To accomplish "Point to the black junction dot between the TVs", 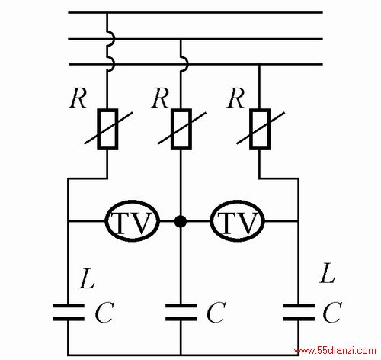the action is coord(181,221).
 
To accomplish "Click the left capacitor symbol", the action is coord(69,312).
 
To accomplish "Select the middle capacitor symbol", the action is coord(181,312).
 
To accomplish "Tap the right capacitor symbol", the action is coord(299,312).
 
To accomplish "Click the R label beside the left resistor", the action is coord(78,98).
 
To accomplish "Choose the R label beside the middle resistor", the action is coord(160,98).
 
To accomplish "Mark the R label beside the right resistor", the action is coord(235,98).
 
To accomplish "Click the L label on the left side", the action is coord(87,278).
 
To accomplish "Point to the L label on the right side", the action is coord(327,273).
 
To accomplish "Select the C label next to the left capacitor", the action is coord(104,312).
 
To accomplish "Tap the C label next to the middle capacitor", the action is coord(216,312).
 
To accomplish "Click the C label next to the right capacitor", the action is coord(332,312).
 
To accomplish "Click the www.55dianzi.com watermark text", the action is coord(335,351).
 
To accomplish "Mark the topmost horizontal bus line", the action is coord(196,12).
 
